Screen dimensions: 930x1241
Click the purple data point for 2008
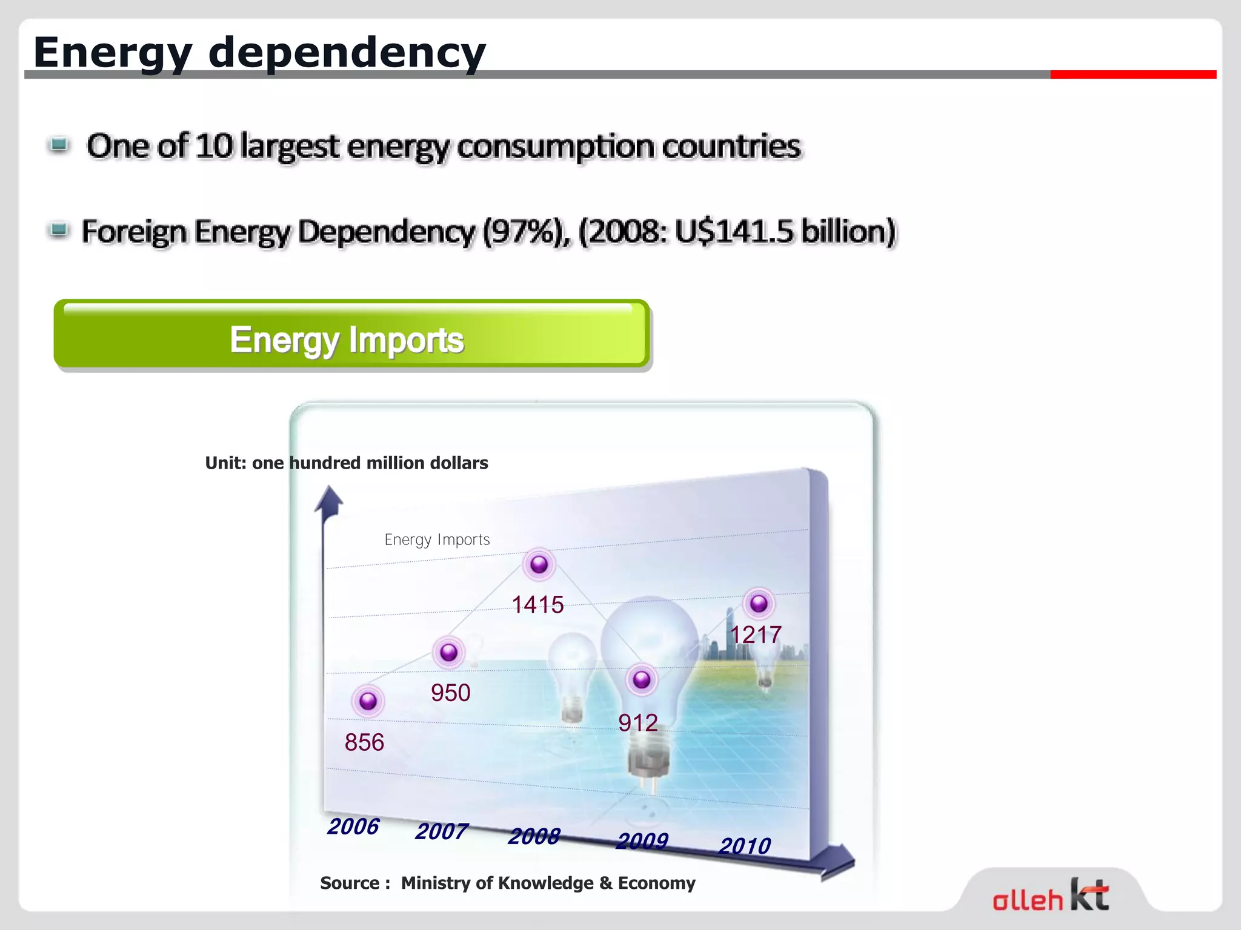(539, 565)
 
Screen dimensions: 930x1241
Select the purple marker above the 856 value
(368, 701)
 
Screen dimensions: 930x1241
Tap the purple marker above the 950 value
(449, 653)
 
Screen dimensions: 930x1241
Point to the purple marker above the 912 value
(642, 680)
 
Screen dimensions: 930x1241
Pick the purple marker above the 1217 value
(759, 604)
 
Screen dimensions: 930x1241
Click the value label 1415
(537, 605)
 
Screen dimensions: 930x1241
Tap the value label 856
(364, 742)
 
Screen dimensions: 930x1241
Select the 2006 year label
(353, 826)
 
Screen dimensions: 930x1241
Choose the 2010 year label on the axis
(745, 846)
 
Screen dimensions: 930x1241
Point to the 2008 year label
(534, 836)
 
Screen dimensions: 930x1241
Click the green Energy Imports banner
(351, 335)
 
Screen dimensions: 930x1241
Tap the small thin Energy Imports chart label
(437, 539)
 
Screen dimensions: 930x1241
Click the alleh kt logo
(1051, 895)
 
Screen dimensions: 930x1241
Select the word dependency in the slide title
(347, 53)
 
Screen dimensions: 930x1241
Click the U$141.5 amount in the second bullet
(734, 232)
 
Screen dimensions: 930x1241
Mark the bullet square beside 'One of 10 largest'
(59, 145)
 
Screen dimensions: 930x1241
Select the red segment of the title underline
(1133, 74)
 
